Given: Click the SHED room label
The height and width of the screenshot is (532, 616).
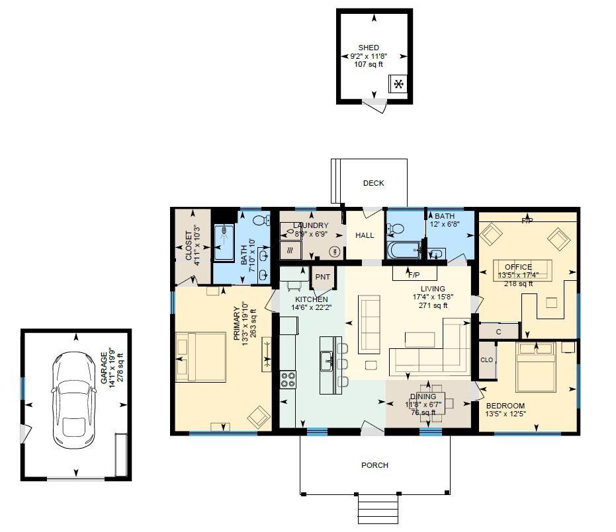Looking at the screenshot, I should click(x=369, y=48).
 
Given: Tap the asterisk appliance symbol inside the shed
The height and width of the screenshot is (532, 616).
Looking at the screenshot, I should click(x=398, y=84).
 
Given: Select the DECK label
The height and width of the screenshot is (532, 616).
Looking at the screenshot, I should click(x=373, y=183).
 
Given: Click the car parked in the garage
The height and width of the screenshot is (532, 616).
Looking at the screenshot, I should click(x=74, y=397).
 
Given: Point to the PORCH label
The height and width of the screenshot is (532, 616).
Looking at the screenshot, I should click(x=374, y=465).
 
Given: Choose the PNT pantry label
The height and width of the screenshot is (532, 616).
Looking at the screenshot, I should click(x=322, y=277).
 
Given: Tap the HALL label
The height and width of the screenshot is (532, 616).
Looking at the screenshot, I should click(x=365, y=235).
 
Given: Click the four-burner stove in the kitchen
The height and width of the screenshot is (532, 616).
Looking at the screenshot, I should click(x=288, y=379).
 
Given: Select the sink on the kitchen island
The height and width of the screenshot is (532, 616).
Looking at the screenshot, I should click(x=326, y=361).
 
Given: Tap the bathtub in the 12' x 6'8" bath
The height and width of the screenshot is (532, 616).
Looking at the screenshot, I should click(x=404, y=250).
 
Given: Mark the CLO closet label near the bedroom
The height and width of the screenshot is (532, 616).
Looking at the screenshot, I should click(x=486, y=360).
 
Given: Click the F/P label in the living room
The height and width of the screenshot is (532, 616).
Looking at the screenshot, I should click(x=414, y=274).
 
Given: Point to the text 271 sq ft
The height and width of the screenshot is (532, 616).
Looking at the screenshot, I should click(x=433, y=306).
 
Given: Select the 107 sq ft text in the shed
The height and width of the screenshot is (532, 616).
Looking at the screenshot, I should click(x=369, y=65).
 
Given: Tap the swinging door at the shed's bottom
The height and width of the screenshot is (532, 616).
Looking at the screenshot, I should click(x=374, y=106).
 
